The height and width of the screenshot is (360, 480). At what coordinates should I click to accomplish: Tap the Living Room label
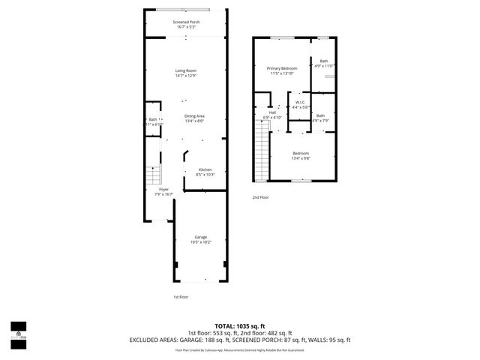coord(185,73)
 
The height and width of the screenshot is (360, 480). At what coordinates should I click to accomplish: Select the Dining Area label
coord(195,118)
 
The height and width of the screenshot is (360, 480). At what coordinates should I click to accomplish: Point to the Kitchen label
coord(205,172)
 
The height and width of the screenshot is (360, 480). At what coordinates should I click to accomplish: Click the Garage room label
coord(200,239)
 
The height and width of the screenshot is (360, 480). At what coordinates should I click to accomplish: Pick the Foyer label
coord(163,191)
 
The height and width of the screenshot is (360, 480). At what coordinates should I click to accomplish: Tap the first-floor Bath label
coord(152,121)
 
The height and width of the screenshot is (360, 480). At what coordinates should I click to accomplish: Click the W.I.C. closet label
coord(299,104)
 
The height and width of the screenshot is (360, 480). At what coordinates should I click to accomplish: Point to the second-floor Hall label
coord(272,115)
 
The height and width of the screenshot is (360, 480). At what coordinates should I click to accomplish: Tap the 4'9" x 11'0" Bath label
coord(323,63)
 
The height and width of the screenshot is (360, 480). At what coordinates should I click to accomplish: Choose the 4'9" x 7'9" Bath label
coord(320,118)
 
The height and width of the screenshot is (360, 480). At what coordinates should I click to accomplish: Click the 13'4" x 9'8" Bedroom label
coord(300,155)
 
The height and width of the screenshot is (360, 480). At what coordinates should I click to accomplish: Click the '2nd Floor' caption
coord(260,197)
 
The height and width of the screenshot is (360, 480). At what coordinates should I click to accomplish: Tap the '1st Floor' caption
coord(180,296)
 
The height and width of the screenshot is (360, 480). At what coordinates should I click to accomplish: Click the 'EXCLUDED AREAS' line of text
coord(240,340)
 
